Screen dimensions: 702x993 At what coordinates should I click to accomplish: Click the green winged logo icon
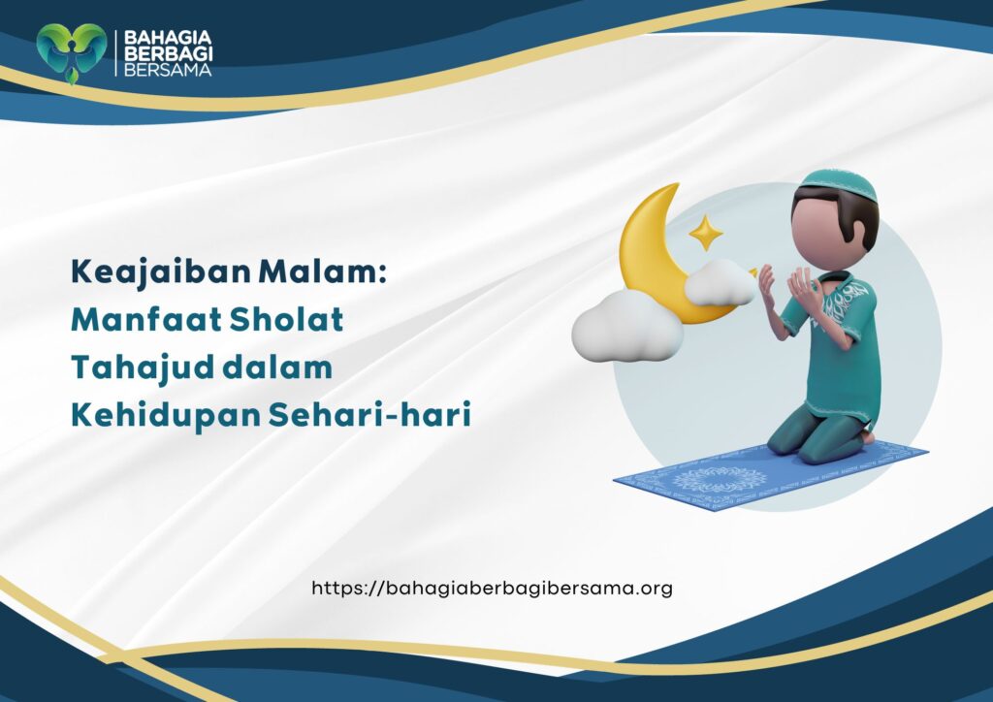[71, 51]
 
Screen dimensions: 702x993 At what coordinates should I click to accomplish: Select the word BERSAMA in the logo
[162, 70]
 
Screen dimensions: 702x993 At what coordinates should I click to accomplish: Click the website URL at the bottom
[492, 588]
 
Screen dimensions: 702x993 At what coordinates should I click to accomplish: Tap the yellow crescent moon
[648, 254]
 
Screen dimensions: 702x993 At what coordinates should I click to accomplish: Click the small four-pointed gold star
[705, 234]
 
